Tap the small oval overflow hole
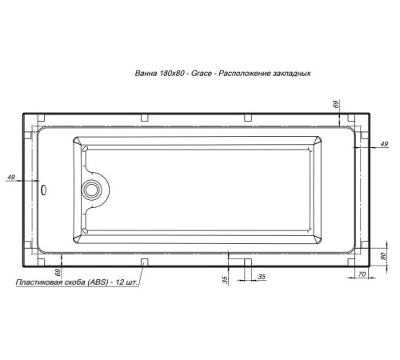[x=44, y=190]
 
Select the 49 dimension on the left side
[x=10, y=177]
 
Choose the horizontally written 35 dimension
[x=261, y=277]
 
